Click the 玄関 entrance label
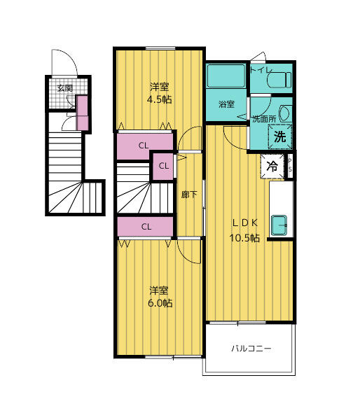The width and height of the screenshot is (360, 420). tap(64, 89)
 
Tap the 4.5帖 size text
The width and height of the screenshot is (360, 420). tap(159, 99)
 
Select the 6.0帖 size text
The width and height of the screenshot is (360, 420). tap(160, 303)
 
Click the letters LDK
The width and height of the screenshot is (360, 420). tap(246, 223)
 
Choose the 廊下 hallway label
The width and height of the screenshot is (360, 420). tap(189, 195)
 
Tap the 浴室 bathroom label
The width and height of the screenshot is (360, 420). tap(226, 105)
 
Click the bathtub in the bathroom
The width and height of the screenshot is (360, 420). tap(226, 76)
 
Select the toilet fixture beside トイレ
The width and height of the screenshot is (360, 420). tap(279, 78)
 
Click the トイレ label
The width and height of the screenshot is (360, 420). tap(261, 70)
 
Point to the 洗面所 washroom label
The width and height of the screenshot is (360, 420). tap(263, 119)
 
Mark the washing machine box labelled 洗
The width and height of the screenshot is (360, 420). tap(279, 136)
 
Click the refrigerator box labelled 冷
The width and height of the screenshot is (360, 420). tap(273, 167)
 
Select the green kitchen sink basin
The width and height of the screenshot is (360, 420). tap(280, 225)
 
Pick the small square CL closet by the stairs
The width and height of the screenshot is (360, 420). tap(162, 166)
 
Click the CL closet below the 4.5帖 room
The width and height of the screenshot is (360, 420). tap(144, 146)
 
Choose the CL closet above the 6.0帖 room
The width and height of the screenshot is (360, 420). tap(146, 226)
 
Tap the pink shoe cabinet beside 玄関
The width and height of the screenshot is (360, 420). tap(82, 113)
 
